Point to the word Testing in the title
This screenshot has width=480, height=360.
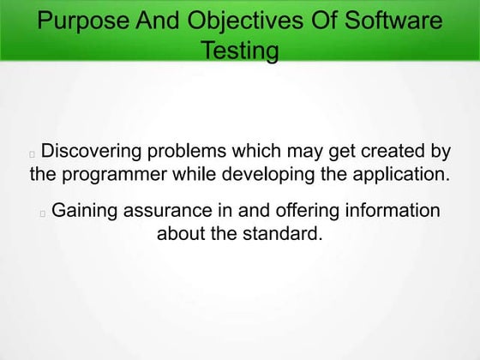click(239, 51)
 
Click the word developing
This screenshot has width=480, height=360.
click(268, 176)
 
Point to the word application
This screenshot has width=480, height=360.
click(403, 176)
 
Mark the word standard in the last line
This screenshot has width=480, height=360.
click(282, 233)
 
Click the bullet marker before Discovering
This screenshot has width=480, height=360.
click(33, 155)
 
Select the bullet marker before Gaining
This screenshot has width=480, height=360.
click(43, 213)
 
